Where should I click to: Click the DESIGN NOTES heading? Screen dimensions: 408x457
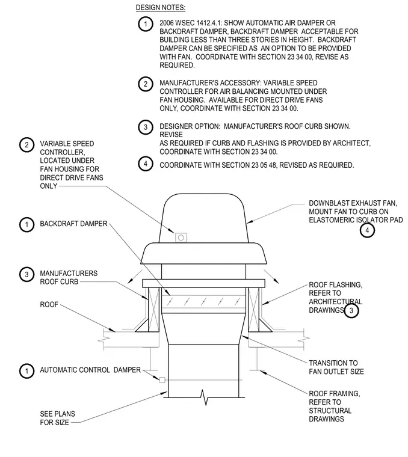tap(161, 8)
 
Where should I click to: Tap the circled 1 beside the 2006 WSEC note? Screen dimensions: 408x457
tap(146, 24)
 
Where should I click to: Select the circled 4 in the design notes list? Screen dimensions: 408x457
tap(146, 164)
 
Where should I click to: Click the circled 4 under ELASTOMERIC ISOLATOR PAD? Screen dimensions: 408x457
tap(367, 230)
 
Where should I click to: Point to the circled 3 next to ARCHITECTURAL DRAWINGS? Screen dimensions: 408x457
tap(351, 311)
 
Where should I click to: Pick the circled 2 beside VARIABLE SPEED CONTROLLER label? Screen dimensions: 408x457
tap(27, 145)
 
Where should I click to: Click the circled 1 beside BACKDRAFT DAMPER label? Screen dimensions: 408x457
tap(27, 225)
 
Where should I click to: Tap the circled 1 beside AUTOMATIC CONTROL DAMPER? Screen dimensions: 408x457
tap(27, 371)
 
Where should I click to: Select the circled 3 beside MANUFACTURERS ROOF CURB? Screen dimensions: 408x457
tap(27, 275)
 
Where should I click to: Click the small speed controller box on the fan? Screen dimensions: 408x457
tap(181, 238)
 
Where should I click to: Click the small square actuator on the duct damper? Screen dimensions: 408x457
tap(162, 380)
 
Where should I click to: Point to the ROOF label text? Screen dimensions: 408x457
tap(49, 305)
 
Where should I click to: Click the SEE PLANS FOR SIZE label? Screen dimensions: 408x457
tap(57, 419)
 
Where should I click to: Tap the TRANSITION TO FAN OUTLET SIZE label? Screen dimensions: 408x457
tap(336, 367)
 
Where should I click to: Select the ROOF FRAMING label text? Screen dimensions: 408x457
tap(334, 406)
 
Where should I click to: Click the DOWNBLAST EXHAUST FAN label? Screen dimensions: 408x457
tap(356, 212)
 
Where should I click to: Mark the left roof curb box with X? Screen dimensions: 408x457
tap(154, 310)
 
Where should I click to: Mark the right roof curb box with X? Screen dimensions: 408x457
tap(253, 310)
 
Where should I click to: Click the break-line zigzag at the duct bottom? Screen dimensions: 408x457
tap(206, 397)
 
